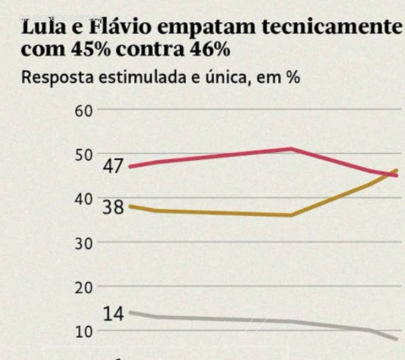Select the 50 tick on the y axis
[x=84, y=154]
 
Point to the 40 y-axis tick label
[x=84, y=198]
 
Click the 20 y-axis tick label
[x=84, y=287]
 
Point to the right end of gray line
[x=396, y=339]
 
